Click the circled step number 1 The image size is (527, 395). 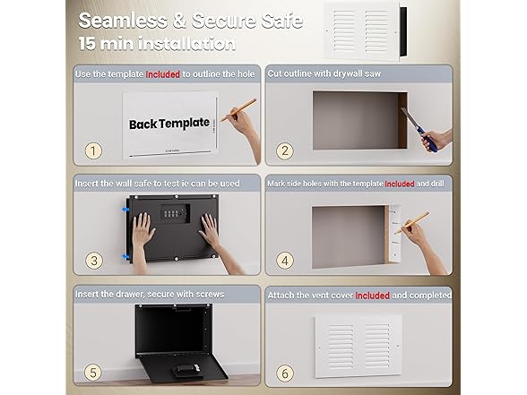click(93, 150)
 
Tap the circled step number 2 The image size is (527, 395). click(286, 150)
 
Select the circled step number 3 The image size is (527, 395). click(93, 261)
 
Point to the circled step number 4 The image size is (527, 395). click(286, 261)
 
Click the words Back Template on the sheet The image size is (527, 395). click(169, 123)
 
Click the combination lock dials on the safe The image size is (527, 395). click(174, 212)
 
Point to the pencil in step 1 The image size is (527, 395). click(238, 110)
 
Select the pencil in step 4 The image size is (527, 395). click(410, 223)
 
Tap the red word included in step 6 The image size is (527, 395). click(373, 294)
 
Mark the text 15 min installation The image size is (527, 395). click(158, 43)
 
